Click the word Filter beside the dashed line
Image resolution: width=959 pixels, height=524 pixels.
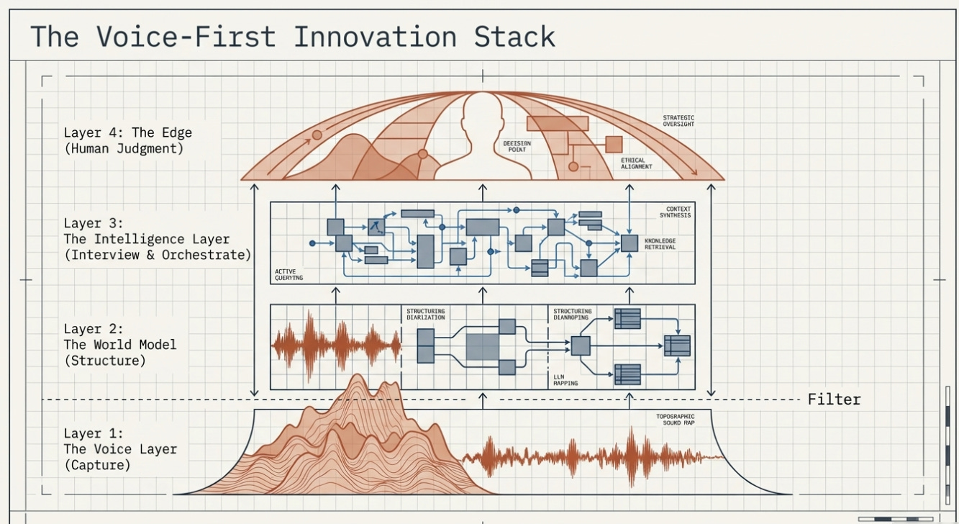[x=834, y=399]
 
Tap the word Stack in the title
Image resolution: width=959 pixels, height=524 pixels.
[x=515, y=36]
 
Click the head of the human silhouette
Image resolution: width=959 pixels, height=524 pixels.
[x=482, y=115]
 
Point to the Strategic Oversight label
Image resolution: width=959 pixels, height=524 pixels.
[x=678, y=121]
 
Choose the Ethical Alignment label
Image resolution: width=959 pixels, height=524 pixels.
[x=636, y=163]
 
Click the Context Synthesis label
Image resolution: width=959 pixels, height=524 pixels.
[x=678, y=212]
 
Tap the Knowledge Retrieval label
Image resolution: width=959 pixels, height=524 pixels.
[x=660, y=243]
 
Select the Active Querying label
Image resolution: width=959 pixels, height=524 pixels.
[x=289, y=275]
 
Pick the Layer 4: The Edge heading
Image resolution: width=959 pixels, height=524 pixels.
[x=127, y=133]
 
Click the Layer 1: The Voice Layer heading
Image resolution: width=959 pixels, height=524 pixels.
[x=120, y=449]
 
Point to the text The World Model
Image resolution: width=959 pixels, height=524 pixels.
[x=119, y=345]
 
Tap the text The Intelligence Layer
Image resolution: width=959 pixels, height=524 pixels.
[x=146, y=239]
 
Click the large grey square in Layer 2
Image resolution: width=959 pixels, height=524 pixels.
[x=482, y=347]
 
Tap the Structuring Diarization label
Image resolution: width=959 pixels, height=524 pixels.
[x=425, y=315]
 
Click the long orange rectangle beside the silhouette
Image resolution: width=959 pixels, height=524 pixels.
[x=558, y=124]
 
